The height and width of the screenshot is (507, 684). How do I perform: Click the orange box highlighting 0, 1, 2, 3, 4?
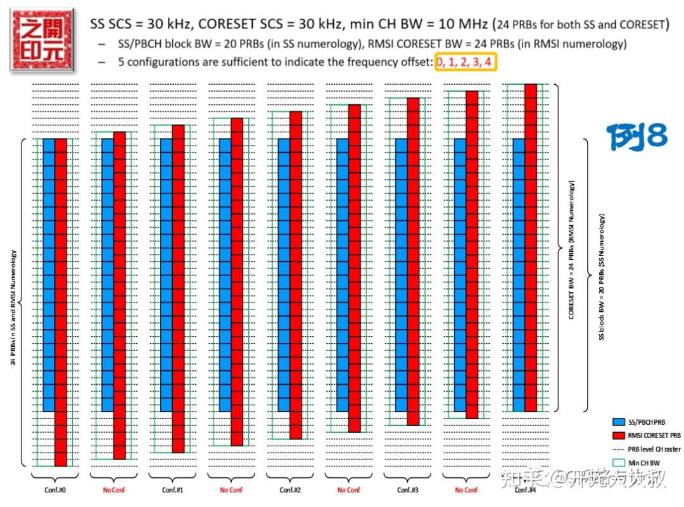[464, 62]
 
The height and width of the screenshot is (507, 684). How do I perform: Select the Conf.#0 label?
[54, 490]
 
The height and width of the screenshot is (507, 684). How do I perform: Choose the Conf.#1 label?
[172, 490]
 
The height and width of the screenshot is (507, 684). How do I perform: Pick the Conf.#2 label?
[290, 490]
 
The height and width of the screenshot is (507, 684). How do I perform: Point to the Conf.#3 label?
[408, 490]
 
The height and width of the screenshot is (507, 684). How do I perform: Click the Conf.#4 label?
[524, 490]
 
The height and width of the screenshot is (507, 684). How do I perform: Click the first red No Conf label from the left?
[113, 490]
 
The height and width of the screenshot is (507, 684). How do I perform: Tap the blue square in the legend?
[618, 422]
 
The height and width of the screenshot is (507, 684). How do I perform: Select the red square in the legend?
[618, 435]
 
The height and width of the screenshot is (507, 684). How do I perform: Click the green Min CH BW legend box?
[618, 463]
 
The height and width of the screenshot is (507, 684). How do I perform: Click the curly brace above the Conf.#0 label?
[54, 477]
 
